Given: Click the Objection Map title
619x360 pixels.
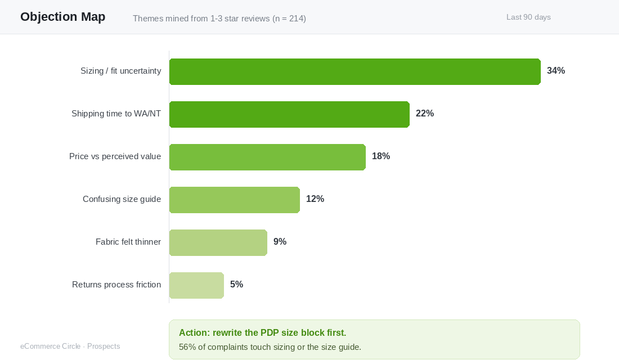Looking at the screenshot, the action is point(63,16).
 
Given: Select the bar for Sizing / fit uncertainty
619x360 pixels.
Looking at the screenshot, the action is point(355,71).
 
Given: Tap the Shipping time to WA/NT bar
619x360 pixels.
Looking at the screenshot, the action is point(289,115).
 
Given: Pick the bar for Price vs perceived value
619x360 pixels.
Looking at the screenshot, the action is point(267,157).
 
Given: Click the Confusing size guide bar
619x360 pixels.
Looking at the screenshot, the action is point(235,200).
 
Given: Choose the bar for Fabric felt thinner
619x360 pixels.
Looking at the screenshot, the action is point(218,242).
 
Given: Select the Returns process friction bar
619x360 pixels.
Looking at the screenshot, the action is point(196,285).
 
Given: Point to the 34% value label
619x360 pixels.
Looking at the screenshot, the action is point(556,71).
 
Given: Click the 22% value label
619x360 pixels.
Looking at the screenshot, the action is point(425,113).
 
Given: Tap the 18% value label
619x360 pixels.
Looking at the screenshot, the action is point(381,156).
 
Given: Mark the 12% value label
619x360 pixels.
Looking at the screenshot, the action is point(315,199).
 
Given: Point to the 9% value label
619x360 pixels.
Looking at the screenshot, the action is point(280,241).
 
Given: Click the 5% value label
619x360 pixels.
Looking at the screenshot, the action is point(236,284).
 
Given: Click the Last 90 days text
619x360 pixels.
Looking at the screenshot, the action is point(528,17).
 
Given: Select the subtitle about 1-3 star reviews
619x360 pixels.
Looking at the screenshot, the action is point(219,19).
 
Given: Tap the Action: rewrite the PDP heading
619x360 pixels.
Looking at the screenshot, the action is point(263,333).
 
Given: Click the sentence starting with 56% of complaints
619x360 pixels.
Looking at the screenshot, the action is point(270,347).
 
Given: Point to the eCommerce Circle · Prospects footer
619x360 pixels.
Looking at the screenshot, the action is point(70,346).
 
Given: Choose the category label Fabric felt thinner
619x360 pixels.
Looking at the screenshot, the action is point(128,241).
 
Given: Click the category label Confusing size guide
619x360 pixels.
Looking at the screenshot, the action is point(122,199).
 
